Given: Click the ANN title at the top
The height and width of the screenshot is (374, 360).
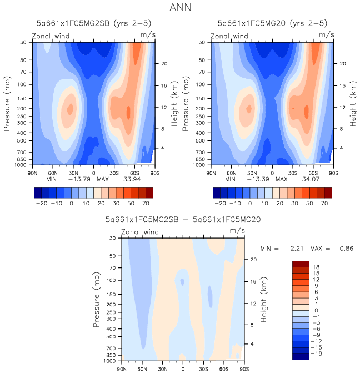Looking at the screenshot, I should pos(179,8).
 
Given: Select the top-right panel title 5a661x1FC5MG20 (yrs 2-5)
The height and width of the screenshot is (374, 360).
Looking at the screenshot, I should pos(272,23).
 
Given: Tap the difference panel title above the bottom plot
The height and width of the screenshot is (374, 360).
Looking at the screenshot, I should pos(182,220).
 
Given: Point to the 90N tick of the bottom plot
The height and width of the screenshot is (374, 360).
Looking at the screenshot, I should pos(122,368).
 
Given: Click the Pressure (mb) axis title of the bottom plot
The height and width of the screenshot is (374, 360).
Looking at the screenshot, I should pos(98,300).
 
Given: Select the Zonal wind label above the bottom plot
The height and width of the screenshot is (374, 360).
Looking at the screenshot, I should pos(139,232).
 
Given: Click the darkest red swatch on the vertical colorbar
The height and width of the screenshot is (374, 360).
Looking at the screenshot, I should pos(300,264).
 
